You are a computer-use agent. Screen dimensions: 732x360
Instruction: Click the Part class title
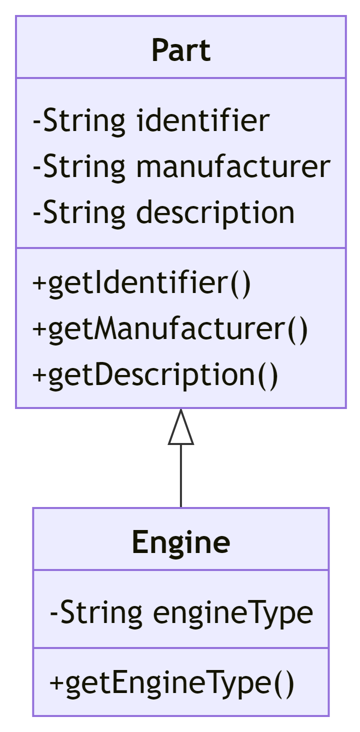click(181, 50)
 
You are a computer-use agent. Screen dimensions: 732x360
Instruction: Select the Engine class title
click(181, 542)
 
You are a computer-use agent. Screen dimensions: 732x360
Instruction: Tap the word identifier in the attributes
click(203, 120)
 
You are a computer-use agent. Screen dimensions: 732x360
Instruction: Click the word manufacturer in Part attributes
click(233, 166)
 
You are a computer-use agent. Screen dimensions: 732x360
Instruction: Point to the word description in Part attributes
click(215, 212)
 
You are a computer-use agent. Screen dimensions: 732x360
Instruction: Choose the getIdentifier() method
click(141, 283)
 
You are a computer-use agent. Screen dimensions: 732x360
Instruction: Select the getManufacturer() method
click(170, 329)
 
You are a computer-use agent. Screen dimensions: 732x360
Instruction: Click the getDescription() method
click(154, 375)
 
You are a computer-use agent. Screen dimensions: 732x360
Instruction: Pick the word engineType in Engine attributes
click(232, 612)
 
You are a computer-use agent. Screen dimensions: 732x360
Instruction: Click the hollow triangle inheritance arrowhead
click(181, 428)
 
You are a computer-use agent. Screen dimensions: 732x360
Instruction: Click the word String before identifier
click(84, 120)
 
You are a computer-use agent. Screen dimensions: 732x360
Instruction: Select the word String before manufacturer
click(84, 166)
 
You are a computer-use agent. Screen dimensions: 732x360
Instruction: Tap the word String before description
click(84, 212)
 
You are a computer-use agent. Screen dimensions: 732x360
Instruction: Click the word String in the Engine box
click(101, 612)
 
